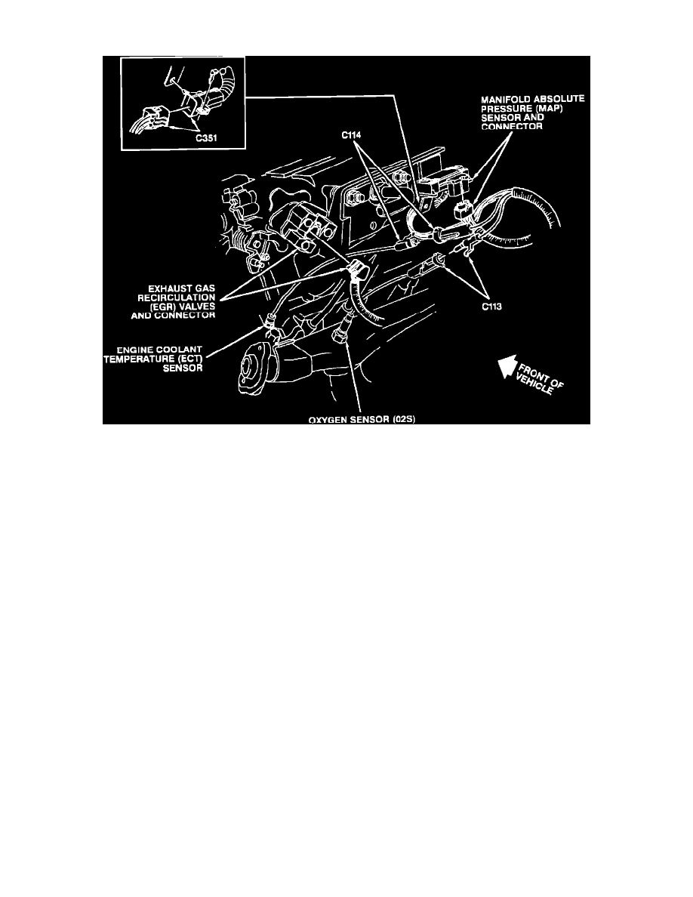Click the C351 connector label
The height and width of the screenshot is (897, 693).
pyautogui.click(x=206, y=138)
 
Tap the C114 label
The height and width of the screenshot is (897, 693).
pyautogui.click(x=352, y=135)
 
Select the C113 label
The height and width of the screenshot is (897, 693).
pyautogui.click(x=491, y=307)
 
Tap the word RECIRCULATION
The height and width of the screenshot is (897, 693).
pyautogui.click(x=176, y=297)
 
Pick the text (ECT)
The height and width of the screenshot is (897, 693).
pyautogui.click(x=189, y=359)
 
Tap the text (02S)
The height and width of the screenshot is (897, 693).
pyautogui.click(x=403, y=419)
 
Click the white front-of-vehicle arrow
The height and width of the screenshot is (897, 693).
pyautogui.click(x=507, y=368)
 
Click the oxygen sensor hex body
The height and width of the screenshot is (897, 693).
pyautogui.click(x=338, y=334)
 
